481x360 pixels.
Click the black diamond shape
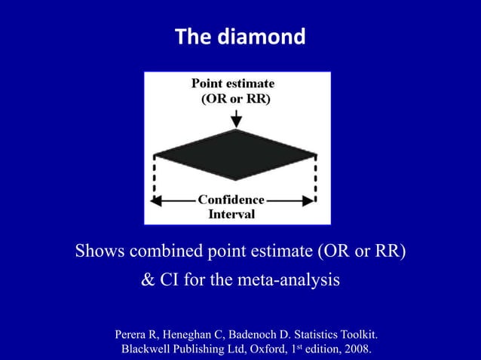pos(236,154)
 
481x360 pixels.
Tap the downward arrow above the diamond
pos(237,117)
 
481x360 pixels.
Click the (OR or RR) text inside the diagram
pos(235,99)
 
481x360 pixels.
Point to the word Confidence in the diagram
pos(231,200)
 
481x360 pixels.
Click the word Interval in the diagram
pos(231,214)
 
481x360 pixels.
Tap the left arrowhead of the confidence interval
pos(157,201)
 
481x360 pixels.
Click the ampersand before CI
pos(149,281)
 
